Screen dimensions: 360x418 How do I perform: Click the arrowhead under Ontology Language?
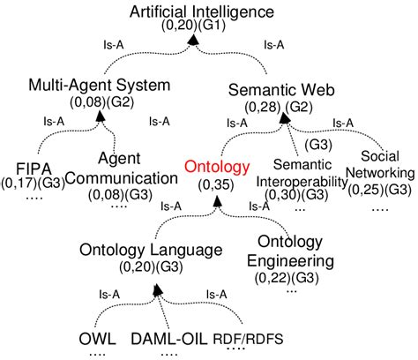tap(153, 288)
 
